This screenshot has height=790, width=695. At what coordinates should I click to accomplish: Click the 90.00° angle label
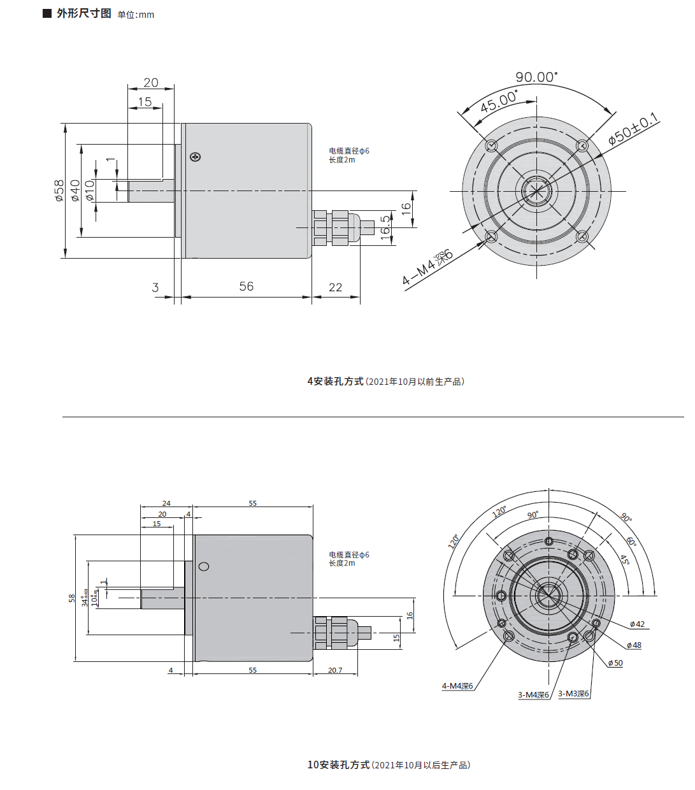pyautogui.click(x=536, y=77)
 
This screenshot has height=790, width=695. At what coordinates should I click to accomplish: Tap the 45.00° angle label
pyautogui.click(x=498, y=101)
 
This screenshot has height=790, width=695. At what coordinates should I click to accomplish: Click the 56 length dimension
pyautogui.click(x=247, y=287)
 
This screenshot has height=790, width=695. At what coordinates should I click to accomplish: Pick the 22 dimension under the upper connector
pyautogui.click(x=336, y=287)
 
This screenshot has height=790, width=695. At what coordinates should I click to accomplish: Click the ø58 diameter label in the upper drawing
pyautogui.click(x=59, y=190)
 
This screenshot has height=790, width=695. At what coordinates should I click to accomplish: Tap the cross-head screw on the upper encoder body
pyautogui.click(x=196, y=157)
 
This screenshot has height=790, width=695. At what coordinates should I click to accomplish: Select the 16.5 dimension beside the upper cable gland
pyautogui.click(x=385, y=227)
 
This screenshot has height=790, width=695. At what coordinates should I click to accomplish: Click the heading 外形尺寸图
pyautogui.click(x=83, y=13)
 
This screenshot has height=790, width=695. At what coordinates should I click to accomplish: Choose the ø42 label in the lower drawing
pyautogui.click(x=637, y=624)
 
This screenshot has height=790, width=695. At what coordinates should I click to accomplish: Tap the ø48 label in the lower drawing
pyautogui.click(x=634, y=645)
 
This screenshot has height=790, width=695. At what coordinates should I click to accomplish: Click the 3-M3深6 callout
pyautogui.click(x=573, y=694)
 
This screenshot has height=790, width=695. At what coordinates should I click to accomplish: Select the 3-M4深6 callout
pyautogui.click(x=533, y=695)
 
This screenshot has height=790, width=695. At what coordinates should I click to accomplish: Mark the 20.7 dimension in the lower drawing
pyautogui.click(x=335, y=670)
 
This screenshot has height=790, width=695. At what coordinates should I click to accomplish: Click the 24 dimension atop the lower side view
pyautogui.click(x=166, y=503)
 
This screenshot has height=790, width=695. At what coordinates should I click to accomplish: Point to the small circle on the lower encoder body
pyautogui.click(x=204, y=566)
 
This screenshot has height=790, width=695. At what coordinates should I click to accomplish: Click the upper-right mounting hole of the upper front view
pyautogui.click(x=582, y=146)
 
